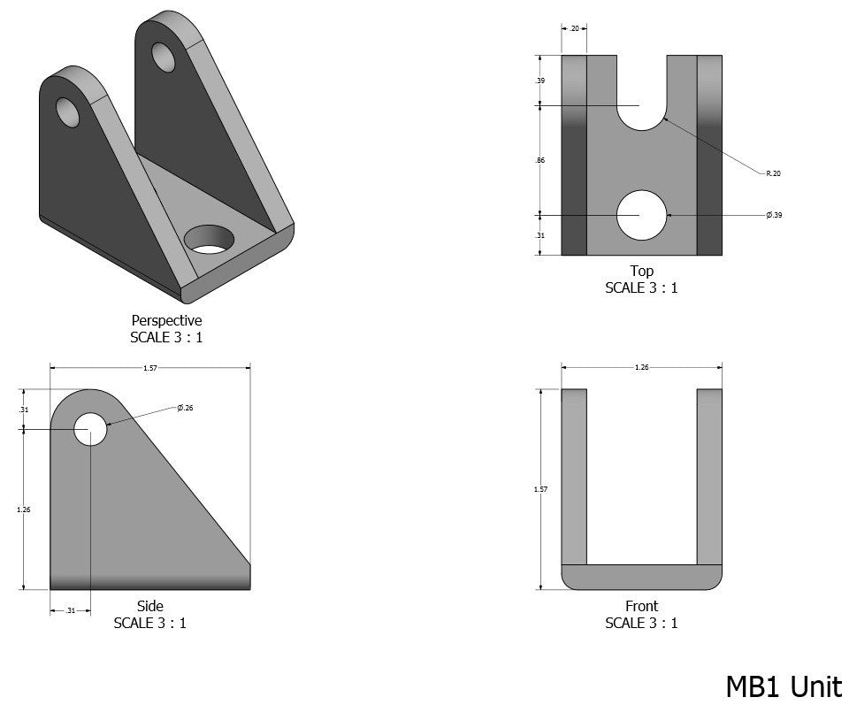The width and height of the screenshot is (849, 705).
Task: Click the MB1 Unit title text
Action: [x=784, y=686]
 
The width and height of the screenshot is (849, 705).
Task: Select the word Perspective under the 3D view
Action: [x=166, y=320]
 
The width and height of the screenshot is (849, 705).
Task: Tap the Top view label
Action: [x=641, y=271]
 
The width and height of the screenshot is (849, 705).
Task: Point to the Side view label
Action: [x=149, y=606]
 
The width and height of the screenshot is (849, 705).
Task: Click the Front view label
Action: [x=641, y=606]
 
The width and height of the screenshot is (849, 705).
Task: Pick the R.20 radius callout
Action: [x=773, y=173]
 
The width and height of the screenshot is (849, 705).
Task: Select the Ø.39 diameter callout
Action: [x=774, y=215]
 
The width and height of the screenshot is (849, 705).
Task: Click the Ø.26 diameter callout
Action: [x=186, y=408]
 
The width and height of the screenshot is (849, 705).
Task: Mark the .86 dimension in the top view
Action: [x=540, y=160]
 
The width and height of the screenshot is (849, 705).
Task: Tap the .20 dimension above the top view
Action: [x=574, y=28]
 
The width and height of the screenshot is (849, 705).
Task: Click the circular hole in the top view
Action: [x=641, y=215]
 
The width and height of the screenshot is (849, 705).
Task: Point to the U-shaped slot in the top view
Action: [x=641, y=97]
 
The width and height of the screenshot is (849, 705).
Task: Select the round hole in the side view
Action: [x=90, y=429]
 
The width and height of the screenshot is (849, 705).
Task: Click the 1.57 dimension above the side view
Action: [x=149, y=368]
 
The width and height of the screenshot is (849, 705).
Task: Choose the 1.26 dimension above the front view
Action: [x=641, y=367]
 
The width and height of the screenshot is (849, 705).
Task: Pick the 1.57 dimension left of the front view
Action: [x=540, y=489]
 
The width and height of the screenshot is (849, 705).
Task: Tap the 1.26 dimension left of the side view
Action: [x=24, y=509]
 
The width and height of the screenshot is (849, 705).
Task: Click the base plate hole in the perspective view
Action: [x=210, y=239]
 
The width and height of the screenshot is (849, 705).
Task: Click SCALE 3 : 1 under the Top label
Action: [x=641, y=287]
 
